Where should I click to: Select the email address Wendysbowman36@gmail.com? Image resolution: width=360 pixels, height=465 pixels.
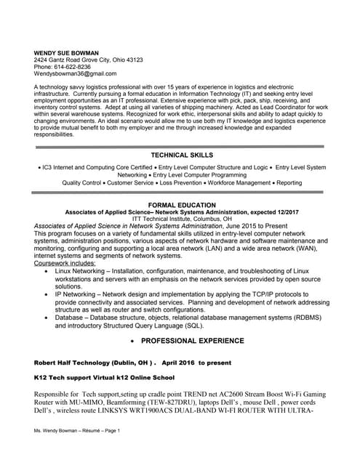click(x=75, y=74)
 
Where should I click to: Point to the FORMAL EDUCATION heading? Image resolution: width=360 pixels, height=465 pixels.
click(x=181, y=205)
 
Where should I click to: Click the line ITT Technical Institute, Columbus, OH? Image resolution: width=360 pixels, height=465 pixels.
click(x=182, y=219)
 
